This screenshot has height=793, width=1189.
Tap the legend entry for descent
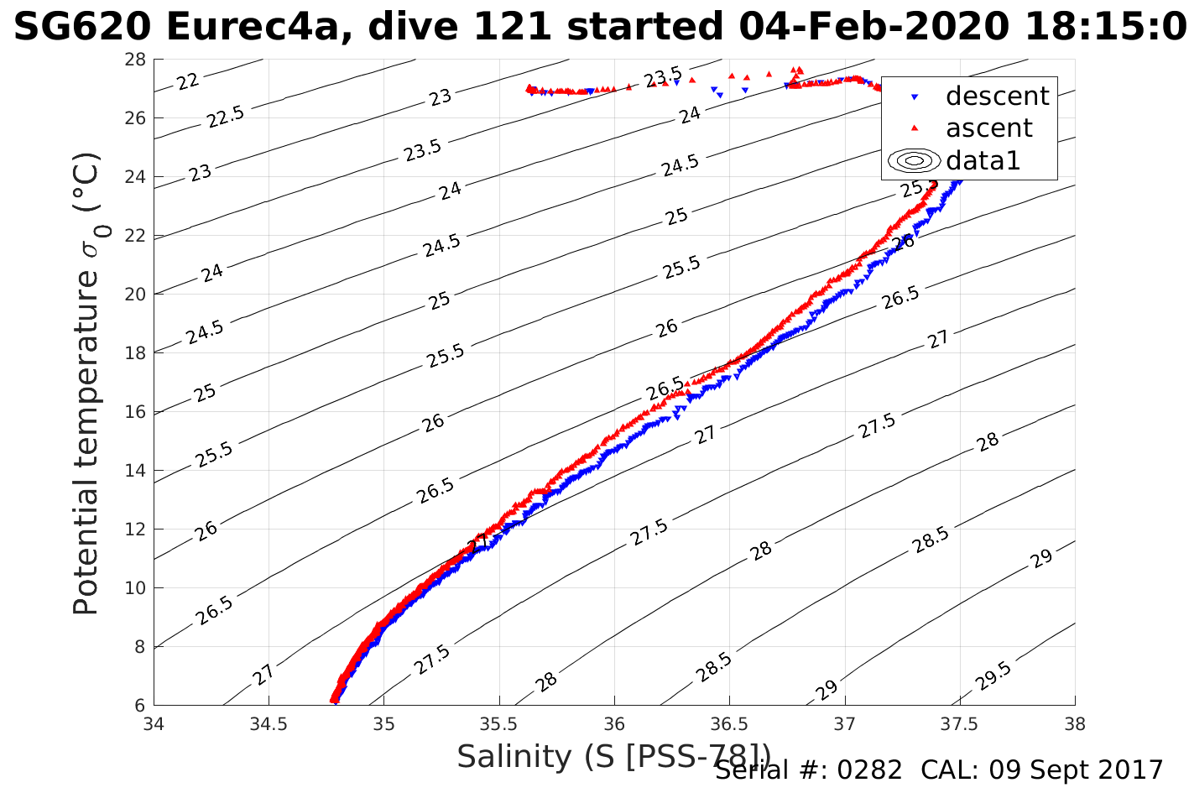pyautogui.click(x=997, y=97)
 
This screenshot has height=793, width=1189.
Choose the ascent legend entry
pyautogui.click(x=988, y=128)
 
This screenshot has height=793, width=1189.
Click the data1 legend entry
pyautogui.click(x=983, y=160)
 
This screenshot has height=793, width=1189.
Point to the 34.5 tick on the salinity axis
pyautogui.click(x=269, y=724)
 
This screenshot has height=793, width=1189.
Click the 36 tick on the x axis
pyautogui.click(x=614, y=724)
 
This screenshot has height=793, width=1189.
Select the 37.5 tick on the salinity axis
pyautogui.click(x=960, y=724)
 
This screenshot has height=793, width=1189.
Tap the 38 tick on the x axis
pyautogui.click(x=1075, y=724)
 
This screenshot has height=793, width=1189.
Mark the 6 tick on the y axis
pyautogui.click(x=139, y=706)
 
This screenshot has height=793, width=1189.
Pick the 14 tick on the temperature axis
pyautogui.click(x=135, y=471)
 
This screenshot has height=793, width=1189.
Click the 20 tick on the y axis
pyautogui.click(x=135, y=295)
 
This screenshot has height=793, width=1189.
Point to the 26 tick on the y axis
pyautogui.click(x=135, y=118)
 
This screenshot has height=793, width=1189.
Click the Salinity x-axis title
pyautogui.click(x=613, y=757)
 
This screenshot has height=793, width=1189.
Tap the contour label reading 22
pyautogui.click(x=188, y=81)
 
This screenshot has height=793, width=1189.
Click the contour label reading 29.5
pyautogui.click(x=995, y=676)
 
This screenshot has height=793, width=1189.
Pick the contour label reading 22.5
pyautogui.click(x=226, y=117)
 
